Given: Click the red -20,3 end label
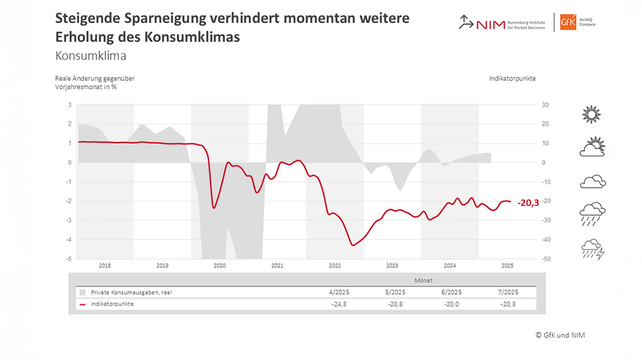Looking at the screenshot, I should pos(528,203).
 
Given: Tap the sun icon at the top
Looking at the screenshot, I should pos(591,115).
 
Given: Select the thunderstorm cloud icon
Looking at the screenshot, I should pos(593,249).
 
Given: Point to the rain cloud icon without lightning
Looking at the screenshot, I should pos(592,213).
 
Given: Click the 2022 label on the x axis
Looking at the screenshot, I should pos(335,266).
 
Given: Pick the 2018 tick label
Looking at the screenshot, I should pos(105,266).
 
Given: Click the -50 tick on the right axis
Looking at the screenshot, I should pos(546,259).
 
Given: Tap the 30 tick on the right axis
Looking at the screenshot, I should pos(545,105).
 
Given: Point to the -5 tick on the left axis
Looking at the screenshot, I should pos(69,259).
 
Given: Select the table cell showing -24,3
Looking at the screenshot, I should pos(339,304).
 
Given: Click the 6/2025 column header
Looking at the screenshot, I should pos(451,292).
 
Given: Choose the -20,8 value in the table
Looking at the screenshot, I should pos(395,304).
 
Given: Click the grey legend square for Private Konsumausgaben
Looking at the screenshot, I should pos(82,293).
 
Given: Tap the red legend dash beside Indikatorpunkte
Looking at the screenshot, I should pos(82,304).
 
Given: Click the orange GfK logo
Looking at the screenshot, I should pos(568,22).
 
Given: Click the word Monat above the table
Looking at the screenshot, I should pos(423,280).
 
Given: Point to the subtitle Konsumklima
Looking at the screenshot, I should pos(91,56).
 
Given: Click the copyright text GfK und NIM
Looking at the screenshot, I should pos(560,335).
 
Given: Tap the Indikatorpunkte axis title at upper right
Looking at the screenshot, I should pos(512,79).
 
